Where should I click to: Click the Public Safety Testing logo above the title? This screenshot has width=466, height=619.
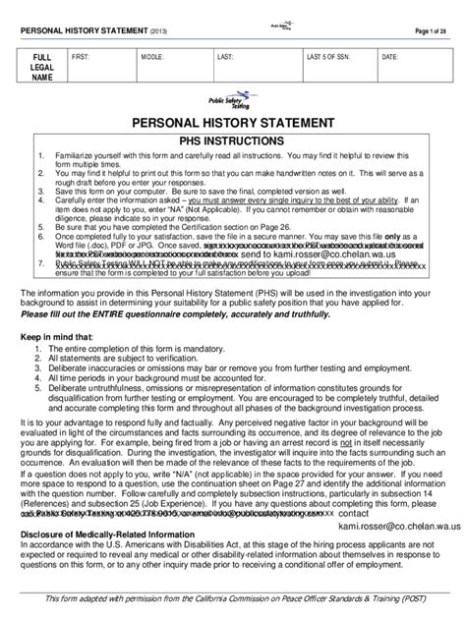click(x=232, y=101)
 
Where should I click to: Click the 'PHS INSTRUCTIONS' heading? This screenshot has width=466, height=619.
click(x=232, y=141)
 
